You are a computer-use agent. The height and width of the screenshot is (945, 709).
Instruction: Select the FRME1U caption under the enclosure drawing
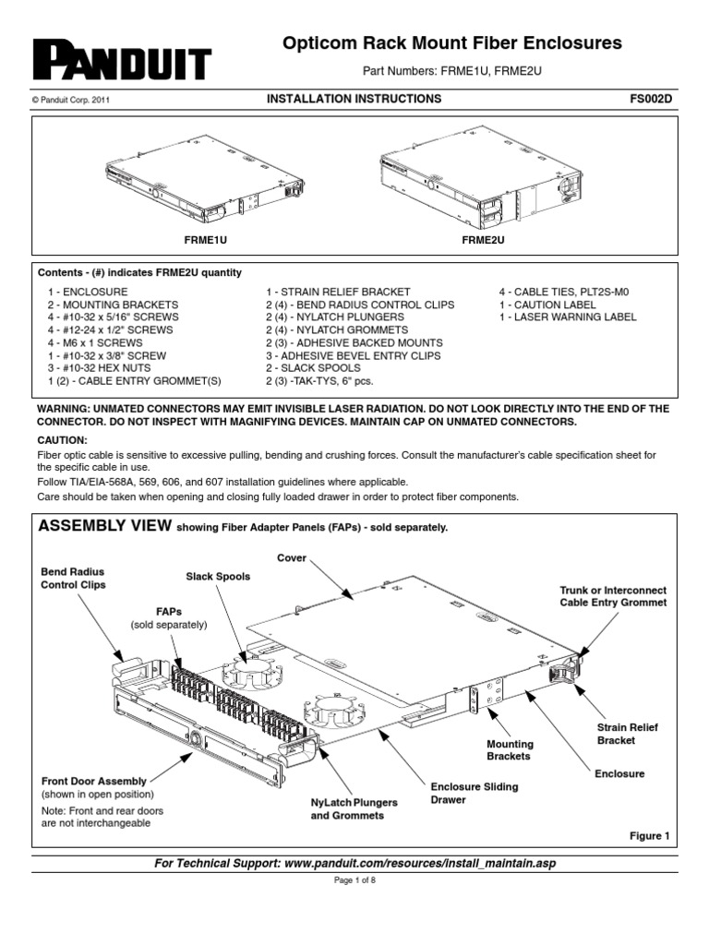point(210,238)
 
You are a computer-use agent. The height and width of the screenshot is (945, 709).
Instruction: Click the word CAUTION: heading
point(62,441)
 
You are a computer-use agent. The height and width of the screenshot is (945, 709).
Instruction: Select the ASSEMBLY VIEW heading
point(102,527)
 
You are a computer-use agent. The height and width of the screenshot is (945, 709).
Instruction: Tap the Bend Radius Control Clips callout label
point(74,579)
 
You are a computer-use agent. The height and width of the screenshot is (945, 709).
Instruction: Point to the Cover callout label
point(291,558)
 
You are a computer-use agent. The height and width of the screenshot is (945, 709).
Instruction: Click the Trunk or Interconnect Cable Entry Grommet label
point(613,596)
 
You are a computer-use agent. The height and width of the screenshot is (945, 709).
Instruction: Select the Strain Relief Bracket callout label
point(628,734)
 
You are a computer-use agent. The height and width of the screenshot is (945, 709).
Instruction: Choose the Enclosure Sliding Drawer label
point(475,793)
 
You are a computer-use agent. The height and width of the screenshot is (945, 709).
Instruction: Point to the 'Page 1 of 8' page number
point(354,880)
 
